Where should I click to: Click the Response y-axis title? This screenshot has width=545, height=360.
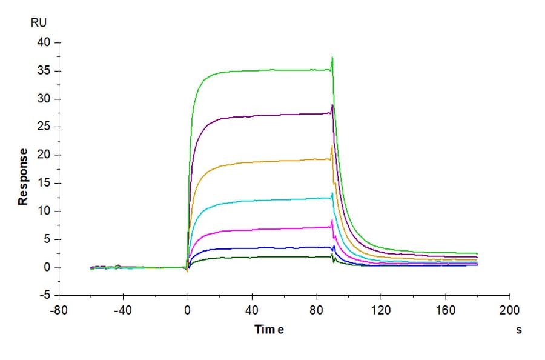click(23, 177)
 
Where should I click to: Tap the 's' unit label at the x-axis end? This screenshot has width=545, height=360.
click(518, 330)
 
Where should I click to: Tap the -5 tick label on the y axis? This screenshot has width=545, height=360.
click(44, 296)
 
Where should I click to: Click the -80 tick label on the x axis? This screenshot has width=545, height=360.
click(58, 308)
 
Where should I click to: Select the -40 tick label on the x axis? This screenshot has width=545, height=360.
click(123, 308)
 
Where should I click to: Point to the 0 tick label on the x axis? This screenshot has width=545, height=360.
click(188, 308)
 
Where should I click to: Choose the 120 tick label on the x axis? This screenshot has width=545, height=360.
click(381, 308)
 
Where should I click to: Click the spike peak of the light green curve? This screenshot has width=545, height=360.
click(332, 58)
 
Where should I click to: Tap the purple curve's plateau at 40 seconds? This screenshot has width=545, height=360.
click(252, 116)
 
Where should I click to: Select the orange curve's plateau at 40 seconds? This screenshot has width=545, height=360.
click(252, 161)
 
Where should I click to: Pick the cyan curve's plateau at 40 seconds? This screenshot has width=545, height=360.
click(252, 200)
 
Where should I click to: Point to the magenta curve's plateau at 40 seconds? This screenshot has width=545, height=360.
click(252, 228)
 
